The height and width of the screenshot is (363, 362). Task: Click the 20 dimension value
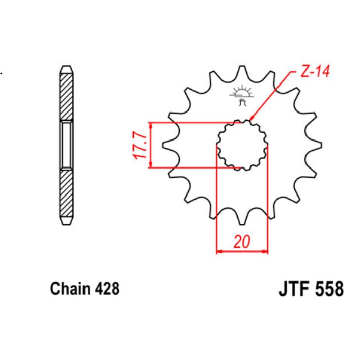click(242, 242)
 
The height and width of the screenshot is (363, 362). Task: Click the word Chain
click(70, 289)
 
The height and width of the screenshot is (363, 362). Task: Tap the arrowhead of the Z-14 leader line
click(252, 120)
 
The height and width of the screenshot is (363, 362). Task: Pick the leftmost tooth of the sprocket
click(168, 145)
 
